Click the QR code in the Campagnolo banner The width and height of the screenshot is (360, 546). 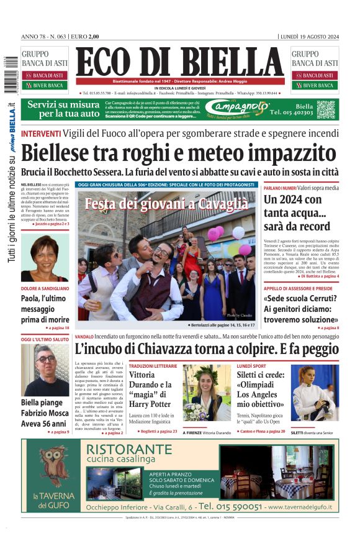click(x=326, y=109)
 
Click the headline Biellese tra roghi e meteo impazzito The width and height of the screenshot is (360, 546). click(x=179, y=153)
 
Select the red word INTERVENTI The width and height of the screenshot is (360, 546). click(x=41, y=134)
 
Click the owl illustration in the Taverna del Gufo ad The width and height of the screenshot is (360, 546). click(x=53, y=466)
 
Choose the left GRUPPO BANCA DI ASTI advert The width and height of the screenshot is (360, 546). click(x=45, y=69)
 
